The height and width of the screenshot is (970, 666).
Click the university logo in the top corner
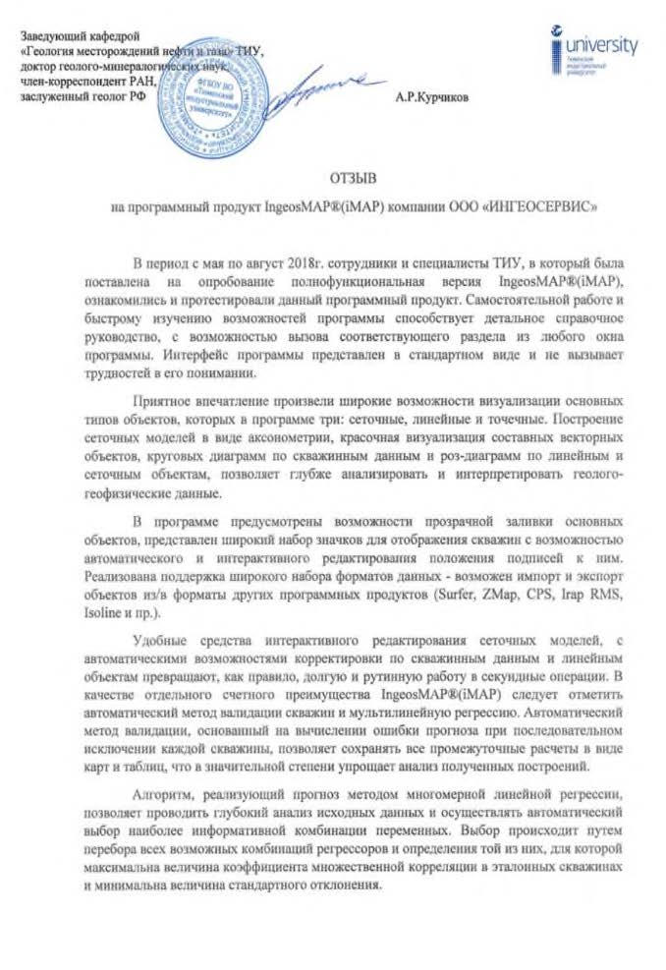point(593,48)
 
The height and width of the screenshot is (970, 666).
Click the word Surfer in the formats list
point(463,597)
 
